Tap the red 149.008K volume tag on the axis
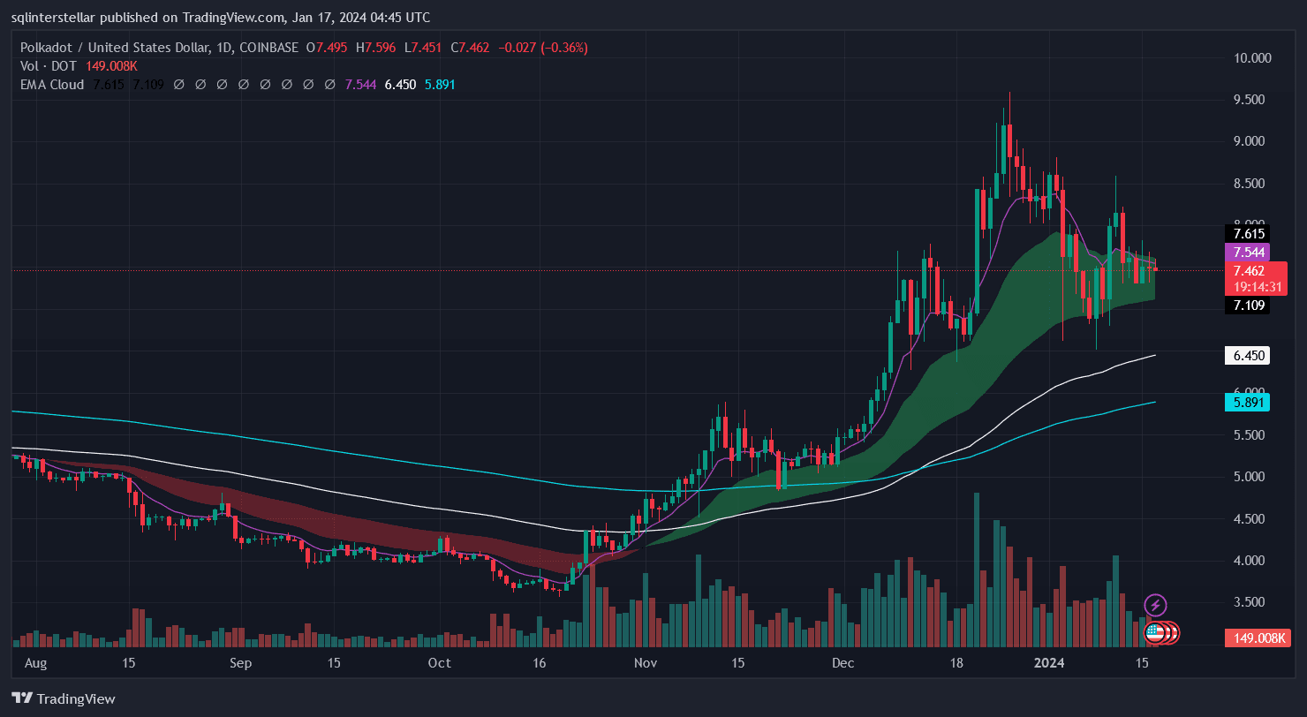tap(1255, 638)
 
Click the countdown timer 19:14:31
tap(1255, 287)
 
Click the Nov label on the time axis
tap(646, 663)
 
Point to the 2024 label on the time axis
tap(1049, 663)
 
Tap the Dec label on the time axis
tap(840, 663)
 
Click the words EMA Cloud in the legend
tap(52, 85)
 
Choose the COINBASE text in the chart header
tap(265, 48)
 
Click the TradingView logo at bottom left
tap(64, 698)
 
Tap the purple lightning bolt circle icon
tap(1155, 606)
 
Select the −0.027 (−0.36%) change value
tap(542, 48)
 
